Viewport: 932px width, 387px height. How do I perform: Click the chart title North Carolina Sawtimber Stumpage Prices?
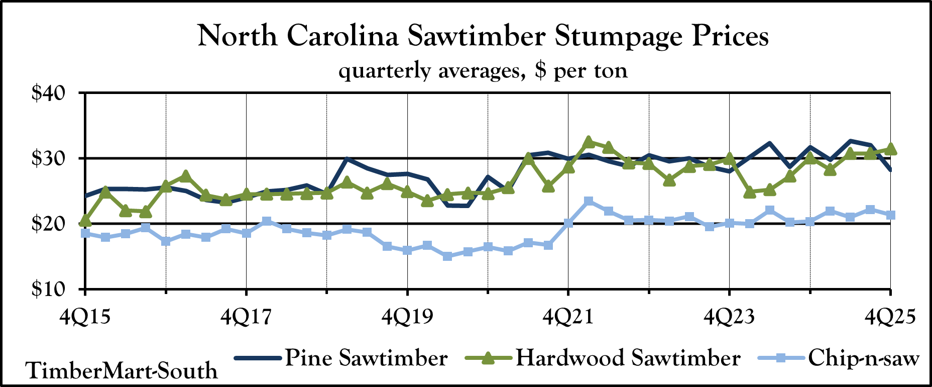pos(483,36)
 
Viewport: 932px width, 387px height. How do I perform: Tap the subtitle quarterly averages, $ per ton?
pos(483,70)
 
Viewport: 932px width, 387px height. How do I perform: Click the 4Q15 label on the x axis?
pos(85,317)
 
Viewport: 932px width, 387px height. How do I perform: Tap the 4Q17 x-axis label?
pos(246,317)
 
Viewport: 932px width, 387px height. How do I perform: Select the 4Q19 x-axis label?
pos(407,317)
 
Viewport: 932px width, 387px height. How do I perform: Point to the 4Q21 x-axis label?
pos(568,317)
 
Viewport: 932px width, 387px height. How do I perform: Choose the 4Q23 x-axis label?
pos(729,317)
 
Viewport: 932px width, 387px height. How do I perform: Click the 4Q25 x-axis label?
pos(890,317)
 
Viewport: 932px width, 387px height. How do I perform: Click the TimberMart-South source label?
pos(122,371)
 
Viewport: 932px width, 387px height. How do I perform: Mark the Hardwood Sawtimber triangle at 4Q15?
pos(85,220)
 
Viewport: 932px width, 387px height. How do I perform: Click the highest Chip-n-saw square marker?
pos(589,202)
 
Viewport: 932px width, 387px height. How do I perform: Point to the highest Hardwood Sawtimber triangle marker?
pos(589,142)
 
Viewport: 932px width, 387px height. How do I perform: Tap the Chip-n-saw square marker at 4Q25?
pos(891,215)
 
